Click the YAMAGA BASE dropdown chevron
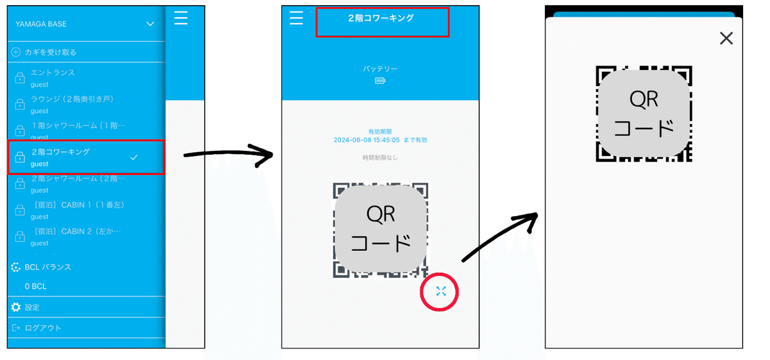(150, 24)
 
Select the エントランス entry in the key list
(53, 73)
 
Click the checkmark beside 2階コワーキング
(133, 157)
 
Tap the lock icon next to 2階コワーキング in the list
(20, 157)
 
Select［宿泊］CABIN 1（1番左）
(77, 205)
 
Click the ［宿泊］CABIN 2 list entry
(76, 232)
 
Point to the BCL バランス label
(47, 267)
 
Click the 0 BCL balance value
(35, 286)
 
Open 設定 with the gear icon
(17, 307)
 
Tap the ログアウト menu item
(42, 328)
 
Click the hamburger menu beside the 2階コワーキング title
(296, 18)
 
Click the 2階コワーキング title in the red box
(381, 19)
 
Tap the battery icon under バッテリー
(381, 81)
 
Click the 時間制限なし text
(381, 158)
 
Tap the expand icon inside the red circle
(441, 291)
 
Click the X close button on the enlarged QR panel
(726, 39)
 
